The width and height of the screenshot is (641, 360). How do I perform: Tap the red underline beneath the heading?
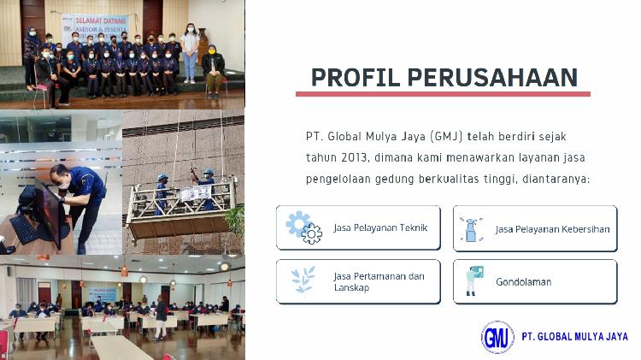[443, 94]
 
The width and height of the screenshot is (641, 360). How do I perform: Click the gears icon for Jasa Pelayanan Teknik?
[303, 227]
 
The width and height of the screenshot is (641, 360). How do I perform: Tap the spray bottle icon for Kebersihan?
[471, 228]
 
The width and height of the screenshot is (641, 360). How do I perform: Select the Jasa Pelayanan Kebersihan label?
[550, 229]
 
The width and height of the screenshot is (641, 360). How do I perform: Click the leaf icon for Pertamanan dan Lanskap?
[303, 281]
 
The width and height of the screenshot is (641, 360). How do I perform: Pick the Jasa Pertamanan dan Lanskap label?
[379, 281]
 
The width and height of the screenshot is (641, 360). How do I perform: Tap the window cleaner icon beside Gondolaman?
[473, 281]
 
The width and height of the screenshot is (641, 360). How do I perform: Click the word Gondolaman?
[523, 281]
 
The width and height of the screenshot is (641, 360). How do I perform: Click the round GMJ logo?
[497, 337]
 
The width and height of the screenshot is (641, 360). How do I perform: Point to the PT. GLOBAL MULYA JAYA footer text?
[574, 337]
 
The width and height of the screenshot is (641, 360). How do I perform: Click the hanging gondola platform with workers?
[182, 199]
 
